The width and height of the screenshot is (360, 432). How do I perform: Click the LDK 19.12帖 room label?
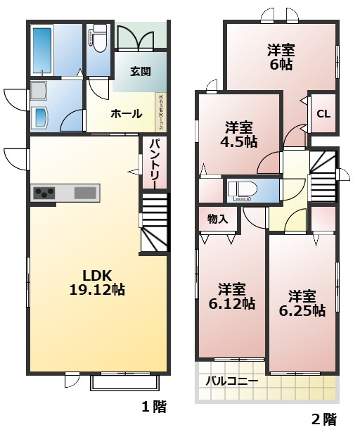click(x=97, y=281)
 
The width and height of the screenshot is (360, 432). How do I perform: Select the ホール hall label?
click(x=126, y=114)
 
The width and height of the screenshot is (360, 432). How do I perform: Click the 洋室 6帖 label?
click(x=281, y=57)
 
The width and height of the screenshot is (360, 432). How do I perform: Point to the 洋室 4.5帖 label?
click(x=240, y=134)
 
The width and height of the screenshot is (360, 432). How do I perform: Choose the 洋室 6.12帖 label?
click(x=231, y=296)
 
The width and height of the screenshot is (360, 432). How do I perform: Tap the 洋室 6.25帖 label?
click(x=302, y=303)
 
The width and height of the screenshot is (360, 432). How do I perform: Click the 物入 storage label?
click(x=218, y=219)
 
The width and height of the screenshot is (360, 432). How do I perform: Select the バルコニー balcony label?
click(x=231, y=381)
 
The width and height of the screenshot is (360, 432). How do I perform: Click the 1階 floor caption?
click(x=154, y=406)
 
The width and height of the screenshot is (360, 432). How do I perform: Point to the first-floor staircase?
click(x=155, y=224)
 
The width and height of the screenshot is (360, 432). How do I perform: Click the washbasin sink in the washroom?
click(x=40, y=117)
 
